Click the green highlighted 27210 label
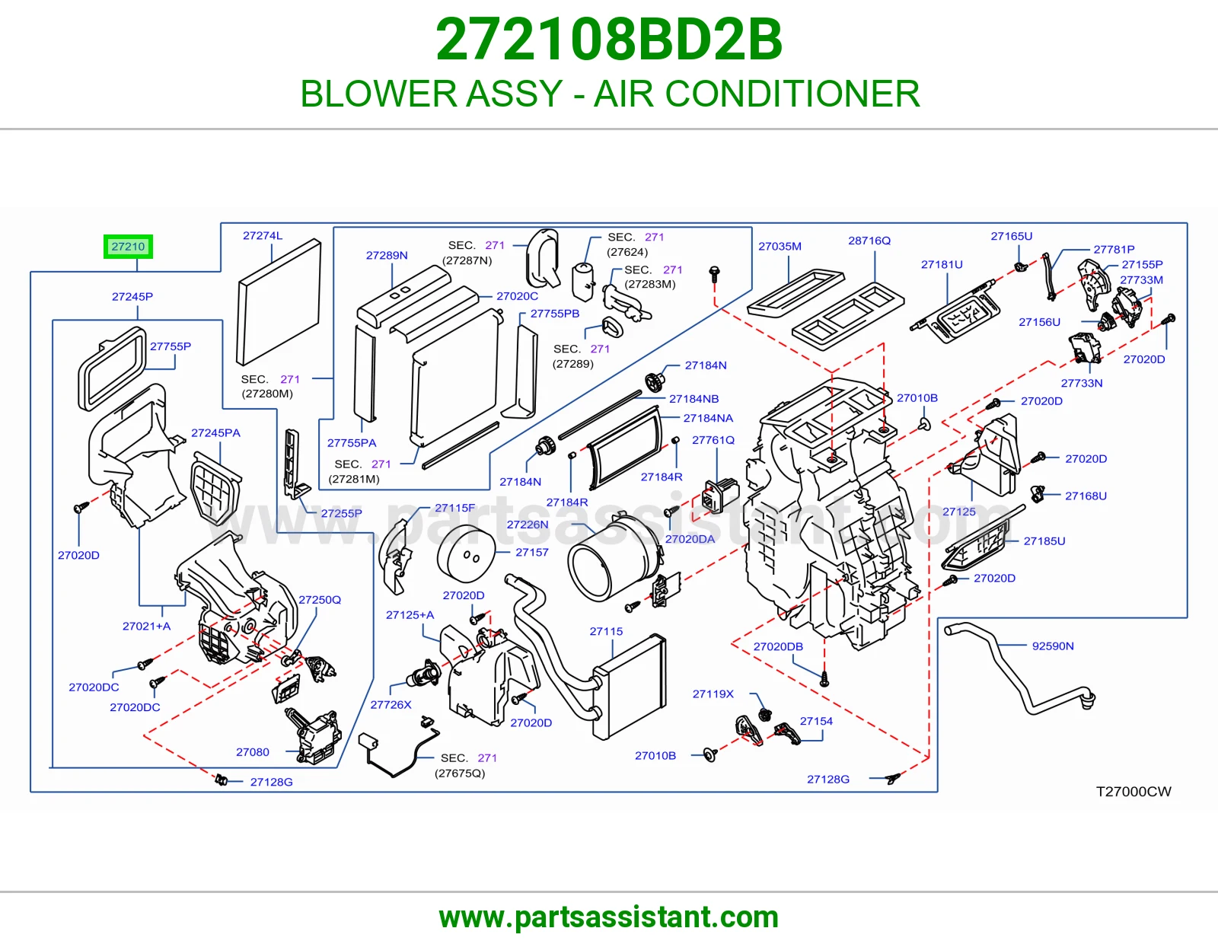[x=128, y=247]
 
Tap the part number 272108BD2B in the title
[x=609, y=40]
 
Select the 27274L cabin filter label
[x=263, y=235]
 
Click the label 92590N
[x=1053, y=646]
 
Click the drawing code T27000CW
[x=1134, y=791]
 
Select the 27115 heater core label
[x=606, y=631]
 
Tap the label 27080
[x=252, y=751]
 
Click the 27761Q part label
[x=713, y=440]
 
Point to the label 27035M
[x=780, y=246]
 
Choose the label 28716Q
[x=869, y=241]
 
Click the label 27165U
[x=1011, y=236]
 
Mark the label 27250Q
[x=320, y=599]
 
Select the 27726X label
[x=391, y=705]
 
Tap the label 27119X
[x=713, y=694]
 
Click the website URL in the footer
[x=609, y=917]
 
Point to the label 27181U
[x=942, y=264]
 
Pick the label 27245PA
[x=215, y=432]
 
